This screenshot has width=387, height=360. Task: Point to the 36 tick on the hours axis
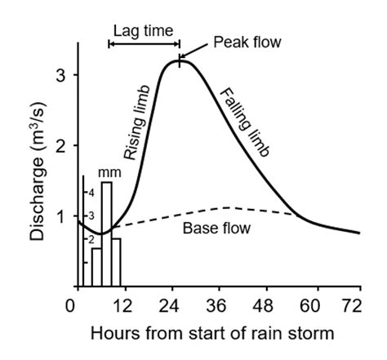[217, 306]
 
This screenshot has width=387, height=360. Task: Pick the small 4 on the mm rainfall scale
[91, 193]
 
